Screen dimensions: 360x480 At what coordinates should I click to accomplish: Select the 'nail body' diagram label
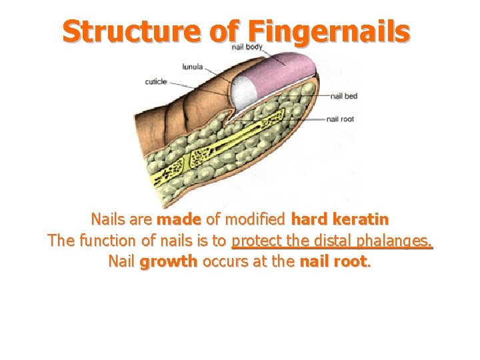tap(247, 47)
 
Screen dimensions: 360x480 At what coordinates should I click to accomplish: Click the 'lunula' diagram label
tap(193, 67)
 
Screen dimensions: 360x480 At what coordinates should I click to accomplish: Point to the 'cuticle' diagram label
tap(156, 82)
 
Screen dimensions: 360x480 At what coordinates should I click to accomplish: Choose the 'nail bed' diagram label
tap(344, 96)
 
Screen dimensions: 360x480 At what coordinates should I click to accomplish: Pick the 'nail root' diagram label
tap(340, 119)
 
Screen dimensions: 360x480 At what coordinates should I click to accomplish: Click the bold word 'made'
tap(178, 219)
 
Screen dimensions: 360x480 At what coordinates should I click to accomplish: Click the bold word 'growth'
tap(169, 262)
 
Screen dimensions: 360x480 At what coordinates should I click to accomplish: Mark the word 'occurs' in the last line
tap(224, 261)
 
